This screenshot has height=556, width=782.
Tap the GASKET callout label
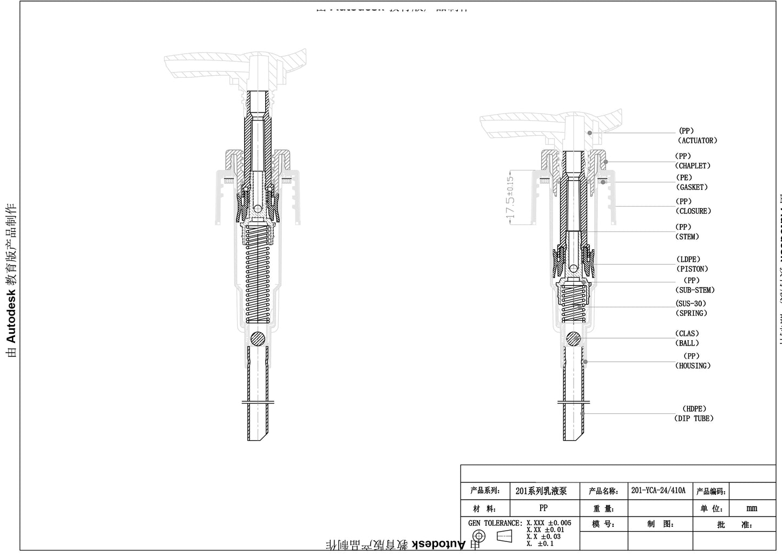pyautogui.click(x=692, y=187)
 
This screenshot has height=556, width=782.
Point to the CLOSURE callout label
pyautogui.click(x=693, y=211)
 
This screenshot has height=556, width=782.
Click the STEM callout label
pyautogui.click(x=687, y=237)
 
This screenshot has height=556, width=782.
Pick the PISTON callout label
pyautogui.click(x=692, y=269)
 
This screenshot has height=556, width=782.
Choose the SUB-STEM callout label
pyautogui.click(x=695, y=290)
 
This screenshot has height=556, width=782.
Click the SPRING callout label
pyautogui.click(x=691, y=313)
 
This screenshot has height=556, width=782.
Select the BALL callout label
pyautogui.click(x=687, y=343)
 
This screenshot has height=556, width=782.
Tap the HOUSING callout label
pyautogui.click(x=693, y=366)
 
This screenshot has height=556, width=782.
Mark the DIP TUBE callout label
pyautogui.click(x=694, y=419)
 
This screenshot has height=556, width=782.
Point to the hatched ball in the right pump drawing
pyautogui.click(x=574, y=339)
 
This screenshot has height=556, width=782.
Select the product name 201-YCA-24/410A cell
pyautogui.click(x=658, y=491)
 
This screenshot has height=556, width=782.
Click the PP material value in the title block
pyautogui.click(x=543, y=508)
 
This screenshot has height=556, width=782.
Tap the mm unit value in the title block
pyautogui.click(x=752, y=508)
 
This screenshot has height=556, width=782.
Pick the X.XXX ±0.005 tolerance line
pyautogui.click(x=549, y=523)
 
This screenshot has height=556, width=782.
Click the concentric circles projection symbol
pyautogui.click(x=479, y=537)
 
